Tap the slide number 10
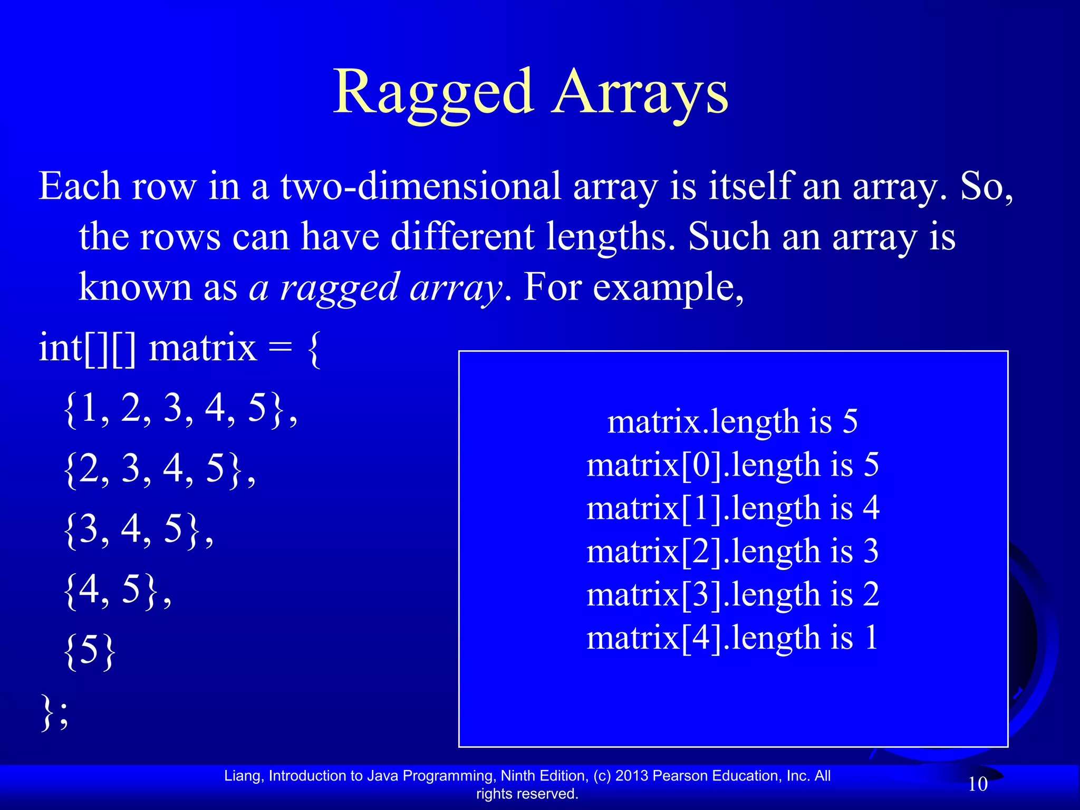978,784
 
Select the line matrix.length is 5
732,422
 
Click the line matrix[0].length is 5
732,465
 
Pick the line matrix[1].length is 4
732,508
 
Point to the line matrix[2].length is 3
732,552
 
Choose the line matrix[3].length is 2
732,595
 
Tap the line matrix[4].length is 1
732,638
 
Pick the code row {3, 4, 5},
138,529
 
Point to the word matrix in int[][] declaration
202,349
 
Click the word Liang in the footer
243,776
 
